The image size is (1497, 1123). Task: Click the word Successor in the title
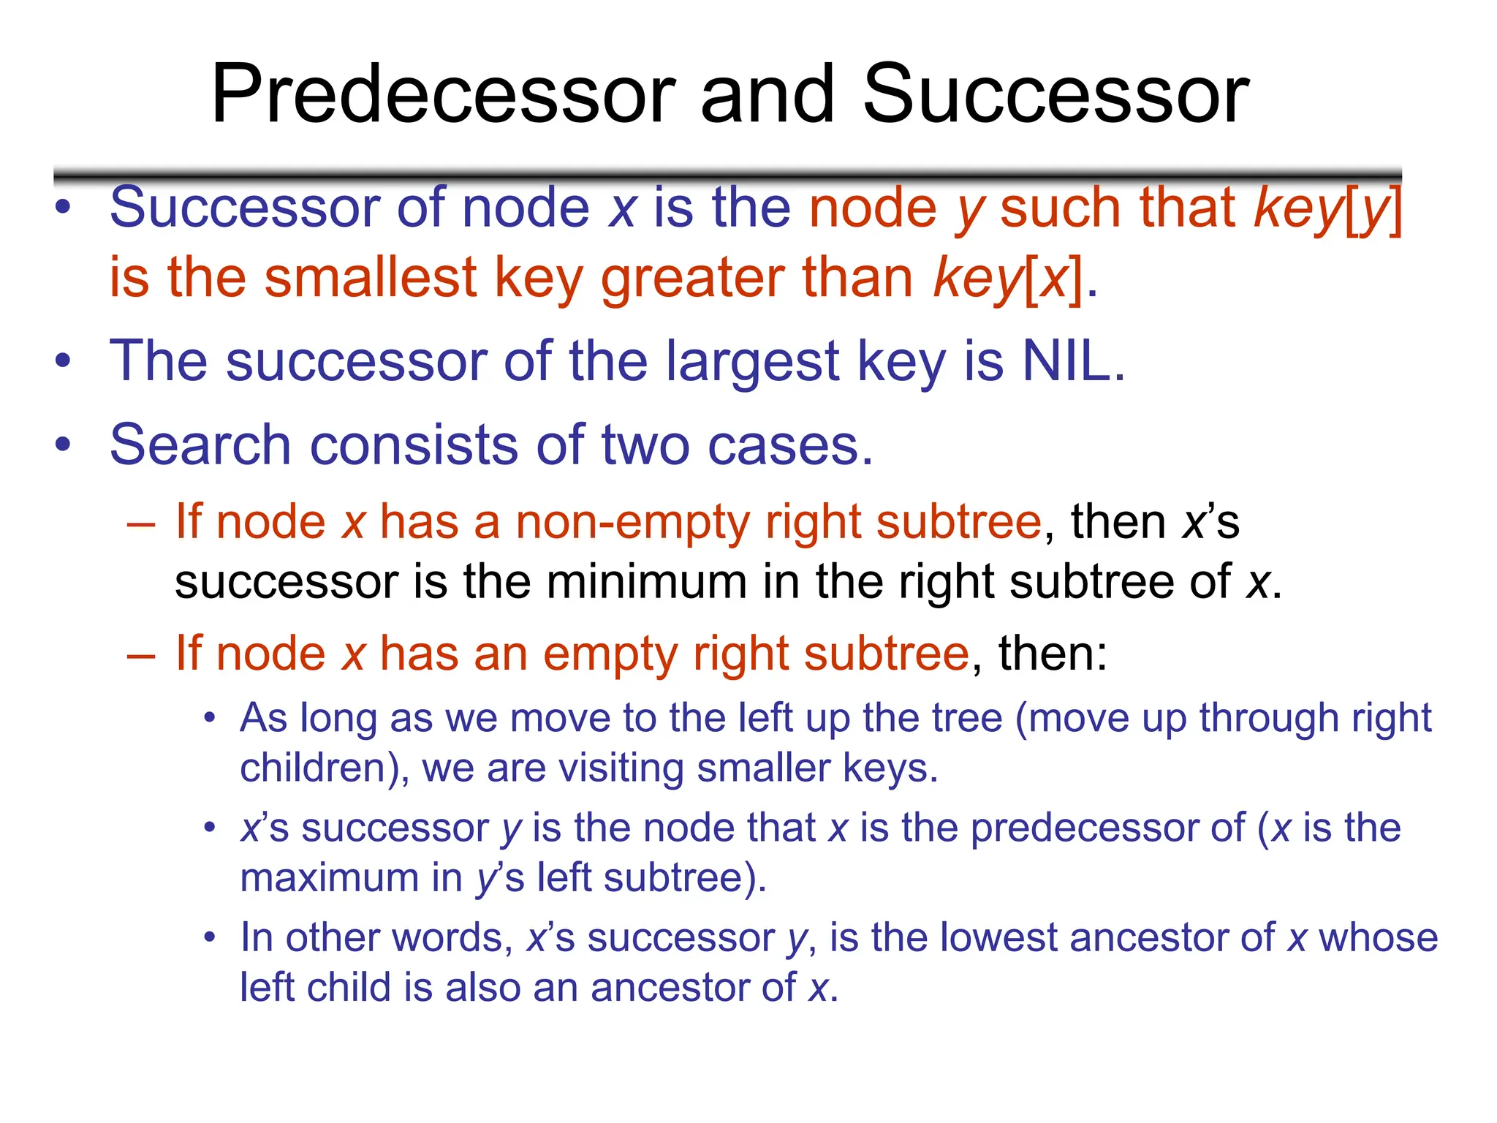pyautogui.click(x=1056, y=95)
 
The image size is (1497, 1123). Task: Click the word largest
pyautogui.click(x=753, y=363)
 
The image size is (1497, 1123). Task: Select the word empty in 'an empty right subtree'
pyautogui.click(x=610, y=654)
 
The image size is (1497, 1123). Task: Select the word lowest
pyautogui.click(x=998, y=938)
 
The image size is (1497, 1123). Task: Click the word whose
pyautogui.click(x=1377, y=938)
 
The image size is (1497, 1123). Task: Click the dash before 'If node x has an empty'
pyautogui.click(x=140, y=654)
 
